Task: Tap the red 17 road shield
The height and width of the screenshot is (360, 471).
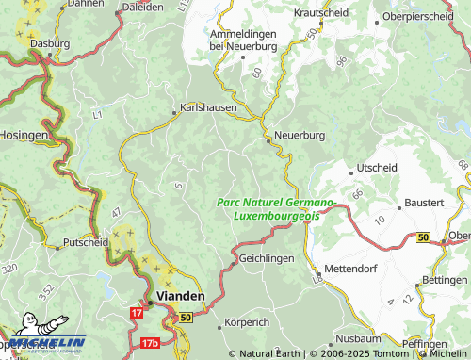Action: point(138,312)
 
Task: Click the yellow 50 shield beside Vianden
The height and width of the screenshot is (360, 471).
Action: point(186,319)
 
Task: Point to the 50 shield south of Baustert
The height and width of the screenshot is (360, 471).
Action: point(423,237)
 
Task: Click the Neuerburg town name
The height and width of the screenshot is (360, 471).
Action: point(300,136)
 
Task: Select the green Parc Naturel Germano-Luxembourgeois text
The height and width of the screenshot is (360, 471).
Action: point(275,209)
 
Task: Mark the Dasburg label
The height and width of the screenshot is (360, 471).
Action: point(49,43)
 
